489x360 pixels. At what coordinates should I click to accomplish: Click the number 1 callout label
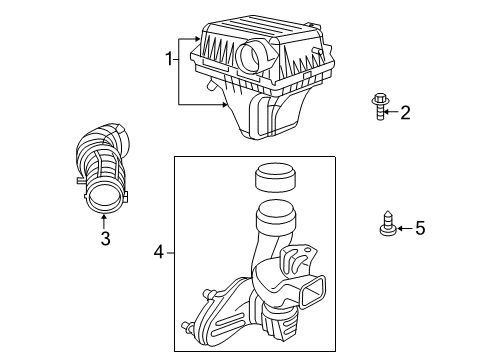[169, 60]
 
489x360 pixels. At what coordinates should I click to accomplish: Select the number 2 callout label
[405, 113]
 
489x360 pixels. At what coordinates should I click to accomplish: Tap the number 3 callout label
[104, 237]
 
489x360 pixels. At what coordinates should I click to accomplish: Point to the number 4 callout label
[159, 254]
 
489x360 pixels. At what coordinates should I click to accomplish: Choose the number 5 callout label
[420, 229]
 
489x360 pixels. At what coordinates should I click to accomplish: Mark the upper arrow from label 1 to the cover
[189, 37]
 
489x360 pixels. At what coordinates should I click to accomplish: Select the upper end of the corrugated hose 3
[100, 135]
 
